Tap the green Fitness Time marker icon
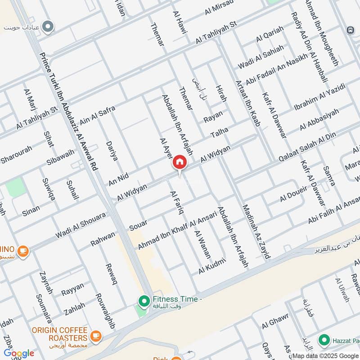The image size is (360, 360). click(144, 301)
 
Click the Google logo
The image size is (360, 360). click(19, 353)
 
